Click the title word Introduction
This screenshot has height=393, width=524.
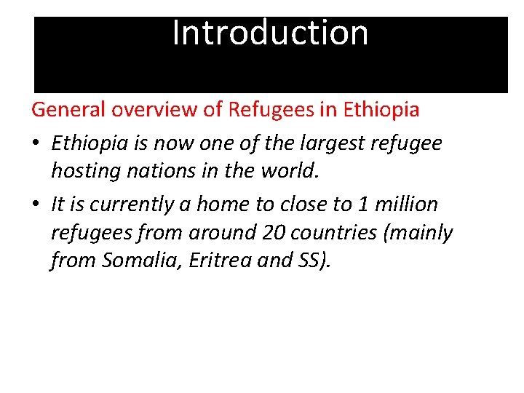click(270, 33)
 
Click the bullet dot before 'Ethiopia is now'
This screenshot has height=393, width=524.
click(36, 144)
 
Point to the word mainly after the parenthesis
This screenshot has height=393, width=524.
click(426, 233)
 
